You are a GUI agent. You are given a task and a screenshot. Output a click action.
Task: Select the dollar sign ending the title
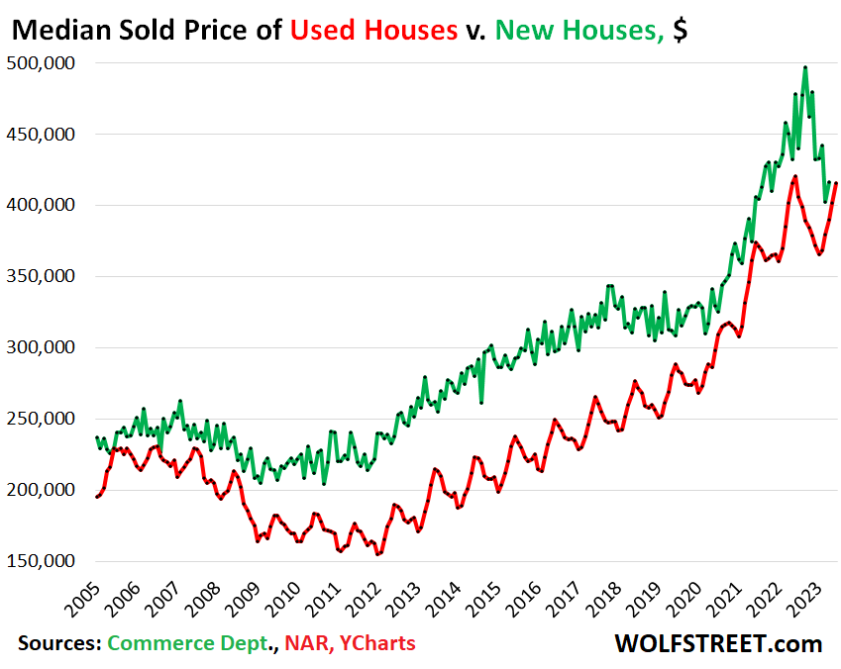pos(680,31)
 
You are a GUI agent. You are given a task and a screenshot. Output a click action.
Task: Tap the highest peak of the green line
pos(805,67)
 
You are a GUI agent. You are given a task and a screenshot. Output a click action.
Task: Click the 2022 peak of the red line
pos(794,178)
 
